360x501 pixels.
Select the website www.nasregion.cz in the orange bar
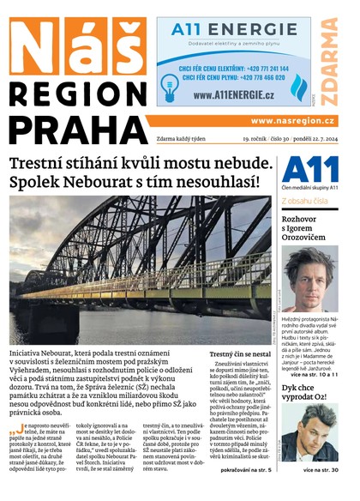coord(292,121)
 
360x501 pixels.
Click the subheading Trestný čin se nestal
coord(240,353)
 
